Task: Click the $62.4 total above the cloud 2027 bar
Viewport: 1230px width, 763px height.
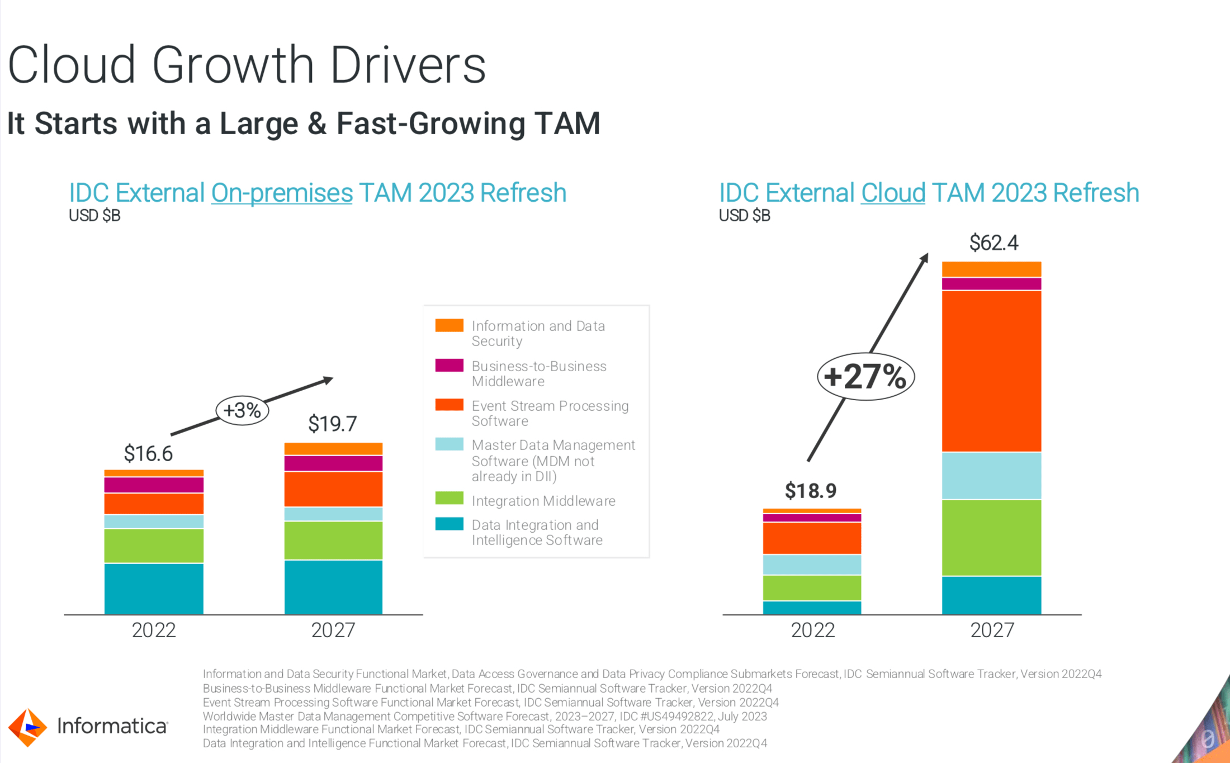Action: [x=994, y=243]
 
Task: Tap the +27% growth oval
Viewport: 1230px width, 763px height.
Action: [x=865, y=376]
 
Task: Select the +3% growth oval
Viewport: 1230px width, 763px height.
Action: [x=242, y=410]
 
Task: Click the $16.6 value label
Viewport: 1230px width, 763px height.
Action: [x=148, y=453]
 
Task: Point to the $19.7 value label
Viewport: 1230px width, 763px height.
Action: [x=332, y=424]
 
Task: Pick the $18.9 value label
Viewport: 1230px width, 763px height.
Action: [x=810, y=491]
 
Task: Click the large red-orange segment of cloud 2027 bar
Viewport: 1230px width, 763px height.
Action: [x=991, y=371]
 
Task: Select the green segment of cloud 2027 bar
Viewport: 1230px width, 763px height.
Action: [x=991, y=537]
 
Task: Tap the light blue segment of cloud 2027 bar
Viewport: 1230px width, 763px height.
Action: [x=991, y=475]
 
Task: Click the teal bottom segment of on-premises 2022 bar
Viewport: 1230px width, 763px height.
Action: [x=154, y=589]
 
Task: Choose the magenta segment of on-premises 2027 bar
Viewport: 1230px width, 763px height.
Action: [x=333, y=463]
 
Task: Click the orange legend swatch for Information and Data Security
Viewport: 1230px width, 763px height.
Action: [x=449, y=325]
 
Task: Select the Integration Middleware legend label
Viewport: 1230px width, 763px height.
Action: [x=543, y=501]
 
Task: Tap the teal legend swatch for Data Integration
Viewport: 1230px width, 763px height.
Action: [x=449, y=524]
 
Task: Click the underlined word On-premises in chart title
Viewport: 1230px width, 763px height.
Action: [x=281, y=193]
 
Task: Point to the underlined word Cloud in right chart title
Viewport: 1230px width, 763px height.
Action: [x=893, y=193]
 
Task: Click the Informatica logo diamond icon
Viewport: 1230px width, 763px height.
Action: [x=27, y=727]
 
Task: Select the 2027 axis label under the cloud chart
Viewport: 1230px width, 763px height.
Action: [x=992, y=631]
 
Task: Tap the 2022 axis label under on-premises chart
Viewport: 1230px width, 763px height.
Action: [x=154, y=631]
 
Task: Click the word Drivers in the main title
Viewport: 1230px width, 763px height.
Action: [x=408, y=65]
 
